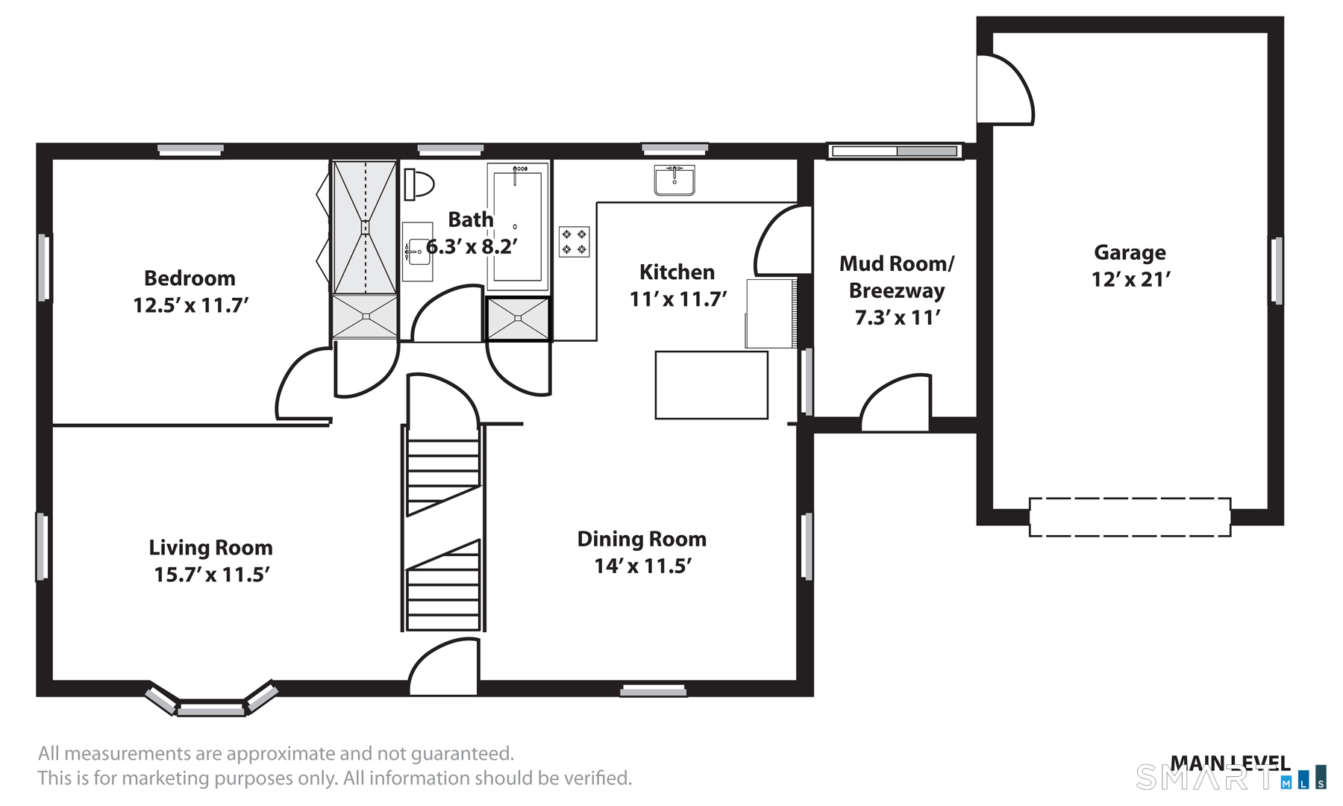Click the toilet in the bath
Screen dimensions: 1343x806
click(419, 184)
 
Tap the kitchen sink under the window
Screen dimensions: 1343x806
click(674, 181)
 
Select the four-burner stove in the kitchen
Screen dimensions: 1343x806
click(575, 242)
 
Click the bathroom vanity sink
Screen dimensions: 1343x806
click(418, 252)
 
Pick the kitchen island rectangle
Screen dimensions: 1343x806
click(712, 385)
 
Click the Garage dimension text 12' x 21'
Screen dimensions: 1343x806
click(1130, 280)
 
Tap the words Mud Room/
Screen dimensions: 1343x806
click(897, 263)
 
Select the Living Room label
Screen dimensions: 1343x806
click(210, 548)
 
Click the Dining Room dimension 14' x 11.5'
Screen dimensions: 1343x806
click(642, 566)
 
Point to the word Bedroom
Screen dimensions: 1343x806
click(190, 278)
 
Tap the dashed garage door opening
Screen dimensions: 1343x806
click(1130, 517)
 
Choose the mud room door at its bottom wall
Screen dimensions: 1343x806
click(896, 402)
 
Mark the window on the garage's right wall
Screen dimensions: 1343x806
click(1277, 270)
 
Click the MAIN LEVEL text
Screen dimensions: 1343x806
click(1230, 763)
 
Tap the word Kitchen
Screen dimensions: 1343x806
click(677, 272)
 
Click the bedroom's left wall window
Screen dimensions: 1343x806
click(44, 267)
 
